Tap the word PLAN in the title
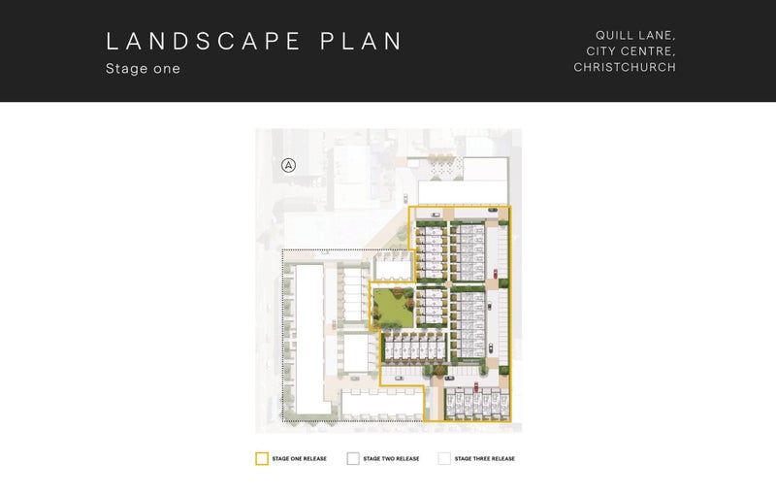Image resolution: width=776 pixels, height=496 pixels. pos(361,41)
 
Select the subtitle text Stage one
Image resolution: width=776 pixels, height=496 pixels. pos(143,68)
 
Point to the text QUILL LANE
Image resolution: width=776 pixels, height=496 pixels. pos(635,35)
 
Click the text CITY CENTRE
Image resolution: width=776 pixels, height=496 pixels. pos(631,51)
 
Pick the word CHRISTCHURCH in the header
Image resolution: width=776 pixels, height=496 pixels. pos(625,67)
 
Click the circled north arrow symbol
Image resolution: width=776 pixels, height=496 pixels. pos(288,165)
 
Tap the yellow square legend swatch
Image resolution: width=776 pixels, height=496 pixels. pos(262,458)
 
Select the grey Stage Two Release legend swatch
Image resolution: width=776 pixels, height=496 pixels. pos(353,458)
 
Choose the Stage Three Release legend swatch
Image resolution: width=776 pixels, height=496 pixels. pos(444,458)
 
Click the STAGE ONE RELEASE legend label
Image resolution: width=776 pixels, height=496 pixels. pos(300,459)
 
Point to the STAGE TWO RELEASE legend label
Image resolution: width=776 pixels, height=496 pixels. pos(391,459)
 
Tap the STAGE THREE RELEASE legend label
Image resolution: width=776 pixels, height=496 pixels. pos(484,459)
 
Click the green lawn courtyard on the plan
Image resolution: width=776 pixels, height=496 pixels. pos(393,309)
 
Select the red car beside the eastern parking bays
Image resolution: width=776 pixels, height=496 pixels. pos(496,275)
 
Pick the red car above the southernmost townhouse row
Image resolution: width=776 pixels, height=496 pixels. pos(476,386)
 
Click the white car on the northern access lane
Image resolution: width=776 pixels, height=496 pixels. pos(436,215)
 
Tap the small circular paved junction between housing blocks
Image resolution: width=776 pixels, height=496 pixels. pos(448,284)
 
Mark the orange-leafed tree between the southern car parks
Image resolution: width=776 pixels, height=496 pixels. pos(440,369)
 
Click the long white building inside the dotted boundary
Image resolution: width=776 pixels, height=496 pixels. pos(310,340)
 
